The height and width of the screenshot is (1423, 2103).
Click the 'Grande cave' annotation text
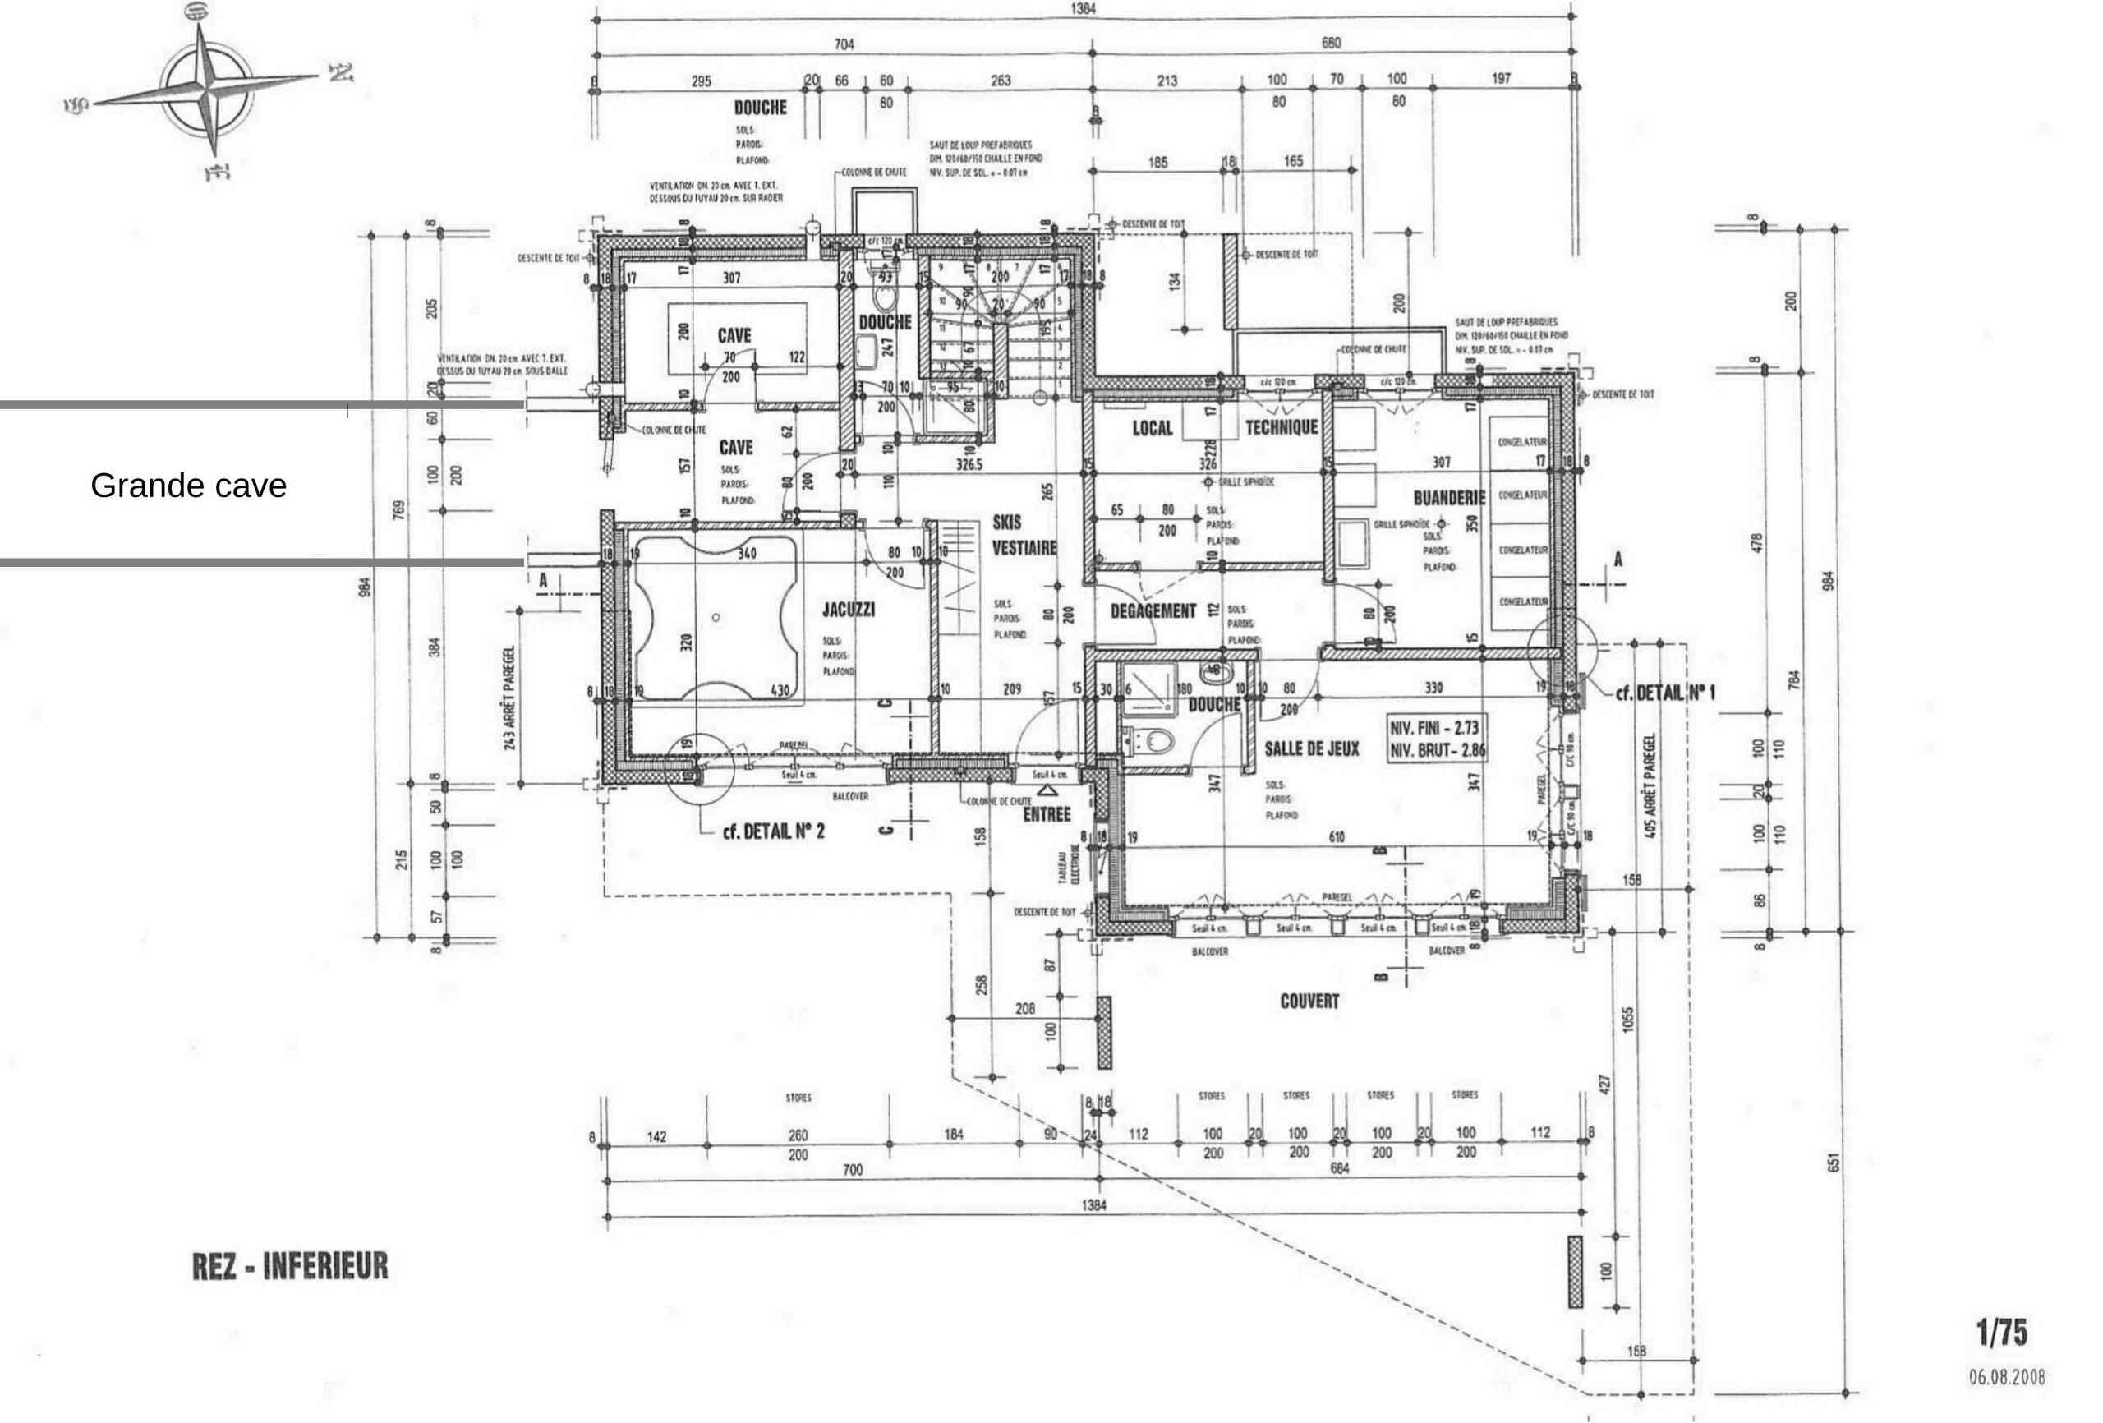pos(188,486)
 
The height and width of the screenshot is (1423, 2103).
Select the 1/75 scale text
pos(2001,1332)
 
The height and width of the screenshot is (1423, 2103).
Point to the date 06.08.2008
pos(2006,1378)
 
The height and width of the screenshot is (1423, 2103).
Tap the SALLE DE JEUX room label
pos(1311,748)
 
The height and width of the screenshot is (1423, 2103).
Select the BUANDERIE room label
pos(1449,499)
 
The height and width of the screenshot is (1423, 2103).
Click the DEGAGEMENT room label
pos(1153,611)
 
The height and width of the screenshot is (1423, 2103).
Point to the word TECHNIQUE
pos(1282,427)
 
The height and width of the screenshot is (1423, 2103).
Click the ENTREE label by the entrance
pos(1046,815)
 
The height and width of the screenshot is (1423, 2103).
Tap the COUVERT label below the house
pos(1309,1002)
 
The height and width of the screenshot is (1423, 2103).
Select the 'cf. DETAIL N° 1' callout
pos(1664,693)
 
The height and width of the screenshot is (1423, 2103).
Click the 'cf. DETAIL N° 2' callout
pos(773,831)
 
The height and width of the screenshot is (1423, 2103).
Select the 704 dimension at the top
pos(843,44)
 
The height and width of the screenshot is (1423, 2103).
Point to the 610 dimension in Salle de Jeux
pos(1337,837)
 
